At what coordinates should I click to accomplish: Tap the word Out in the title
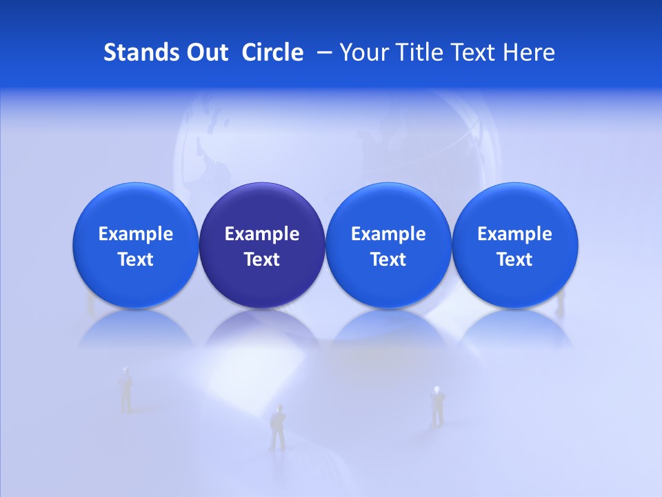205,52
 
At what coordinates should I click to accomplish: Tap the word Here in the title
530,52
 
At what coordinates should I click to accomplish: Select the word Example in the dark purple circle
262,234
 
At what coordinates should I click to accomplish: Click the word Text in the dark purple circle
262,260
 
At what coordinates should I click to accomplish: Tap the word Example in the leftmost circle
136,234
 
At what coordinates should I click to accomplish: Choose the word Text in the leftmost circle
136,260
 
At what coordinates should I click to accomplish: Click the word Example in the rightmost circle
514,234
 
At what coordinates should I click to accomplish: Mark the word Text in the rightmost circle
514,260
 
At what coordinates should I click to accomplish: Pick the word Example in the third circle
388,234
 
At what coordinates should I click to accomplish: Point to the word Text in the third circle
388,260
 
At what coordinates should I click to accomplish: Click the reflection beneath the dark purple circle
262,328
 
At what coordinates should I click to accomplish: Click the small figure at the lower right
437,406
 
